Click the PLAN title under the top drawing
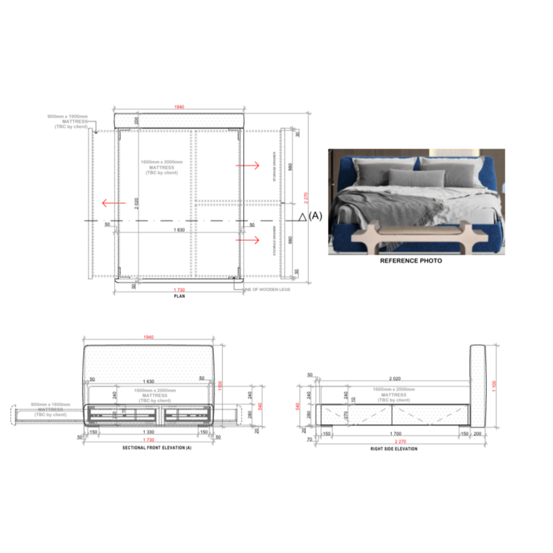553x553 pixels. (180, 296)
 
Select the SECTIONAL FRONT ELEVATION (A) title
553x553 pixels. (149, 449)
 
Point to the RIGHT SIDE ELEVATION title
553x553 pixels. (394, 449)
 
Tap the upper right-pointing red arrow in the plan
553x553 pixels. (248, 165)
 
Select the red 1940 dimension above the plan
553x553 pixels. (180, 107)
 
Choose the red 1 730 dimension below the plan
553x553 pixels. (180, 290)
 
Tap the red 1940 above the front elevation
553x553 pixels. (148, 337)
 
